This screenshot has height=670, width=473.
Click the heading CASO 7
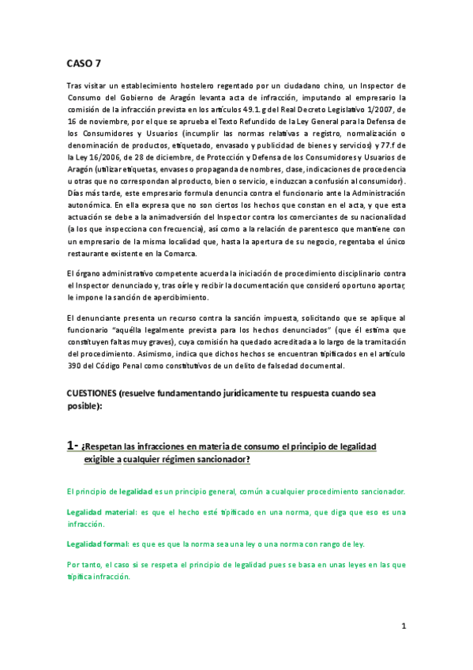[83, 64]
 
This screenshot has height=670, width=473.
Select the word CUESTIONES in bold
[92, 393]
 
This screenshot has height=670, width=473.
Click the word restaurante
[89, 253]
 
